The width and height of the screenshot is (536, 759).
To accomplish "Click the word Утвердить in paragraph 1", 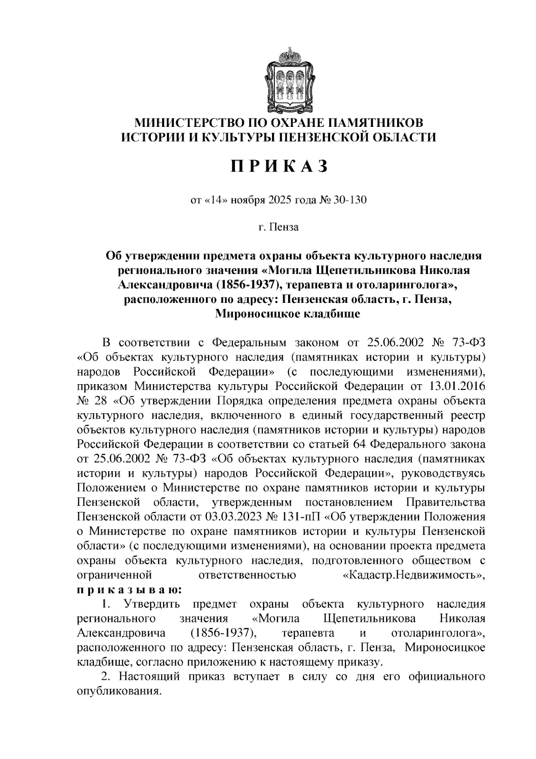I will (152, 604).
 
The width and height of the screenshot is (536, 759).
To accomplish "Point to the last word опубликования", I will (118, 691).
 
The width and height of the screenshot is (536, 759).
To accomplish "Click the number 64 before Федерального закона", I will (360, 444).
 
